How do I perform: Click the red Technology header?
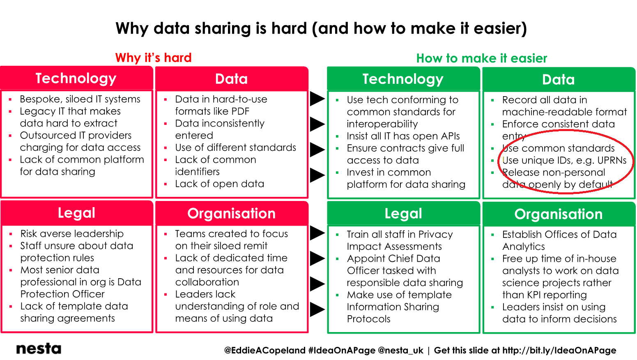(76, 78)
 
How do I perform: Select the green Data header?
(559, 79)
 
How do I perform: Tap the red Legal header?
(76, 213)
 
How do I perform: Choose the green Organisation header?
(559, 214)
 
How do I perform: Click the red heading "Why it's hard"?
(153, 58)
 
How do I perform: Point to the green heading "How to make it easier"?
(482, 58)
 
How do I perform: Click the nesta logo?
(39, 348)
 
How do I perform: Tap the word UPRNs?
(612, 160)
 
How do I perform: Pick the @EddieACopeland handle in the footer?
(264, 350)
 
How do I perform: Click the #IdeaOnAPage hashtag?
(342, 350)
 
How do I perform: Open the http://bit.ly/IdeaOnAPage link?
(559, 350)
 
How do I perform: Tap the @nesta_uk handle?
(400, 350)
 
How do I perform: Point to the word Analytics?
(524, 247)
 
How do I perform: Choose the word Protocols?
(368, 319)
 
